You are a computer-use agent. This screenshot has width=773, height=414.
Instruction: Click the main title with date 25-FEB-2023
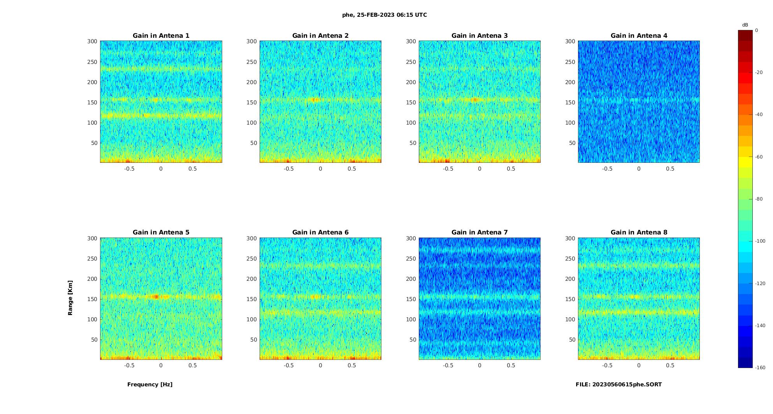[x=384, y=15]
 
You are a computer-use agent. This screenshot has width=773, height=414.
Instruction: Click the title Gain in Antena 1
[x=161, y=35]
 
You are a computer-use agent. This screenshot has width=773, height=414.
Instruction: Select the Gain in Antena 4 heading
[x=639, y=35]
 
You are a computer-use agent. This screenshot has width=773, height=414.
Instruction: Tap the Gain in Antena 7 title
[x=480, y=232]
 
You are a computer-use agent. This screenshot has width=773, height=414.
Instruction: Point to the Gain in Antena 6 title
[x=320, y=232]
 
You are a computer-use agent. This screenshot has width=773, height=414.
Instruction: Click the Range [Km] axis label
[x=70, y=298]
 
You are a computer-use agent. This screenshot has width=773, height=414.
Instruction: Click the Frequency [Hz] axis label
[x=150, y=384]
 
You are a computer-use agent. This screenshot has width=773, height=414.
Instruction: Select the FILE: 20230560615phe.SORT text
[x=618, y=384]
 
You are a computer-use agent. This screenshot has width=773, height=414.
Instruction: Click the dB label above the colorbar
[x=745, y=25]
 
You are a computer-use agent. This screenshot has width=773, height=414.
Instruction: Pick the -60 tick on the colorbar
[x=759, y=157]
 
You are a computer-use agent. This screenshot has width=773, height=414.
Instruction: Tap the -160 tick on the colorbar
[x=760, y=367]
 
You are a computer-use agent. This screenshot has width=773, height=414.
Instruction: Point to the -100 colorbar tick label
[x=760, y=241]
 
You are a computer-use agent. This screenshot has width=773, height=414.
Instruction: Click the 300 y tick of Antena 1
[x=92, y=41]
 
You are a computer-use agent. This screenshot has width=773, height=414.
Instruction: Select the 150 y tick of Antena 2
[x=251, y=102]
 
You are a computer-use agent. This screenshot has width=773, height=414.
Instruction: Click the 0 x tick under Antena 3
[x=480, y=169]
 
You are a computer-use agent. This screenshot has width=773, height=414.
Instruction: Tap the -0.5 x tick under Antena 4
[x=607, y=169]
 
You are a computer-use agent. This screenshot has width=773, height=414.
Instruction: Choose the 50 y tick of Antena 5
[x=94, y=340]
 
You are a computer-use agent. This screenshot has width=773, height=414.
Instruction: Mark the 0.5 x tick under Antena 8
[x=670, y=365]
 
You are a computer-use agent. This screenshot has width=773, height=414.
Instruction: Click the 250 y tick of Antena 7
[x=411, y=259]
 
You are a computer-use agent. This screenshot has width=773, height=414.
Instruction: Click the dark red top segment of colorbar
[x=745, y=35]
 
